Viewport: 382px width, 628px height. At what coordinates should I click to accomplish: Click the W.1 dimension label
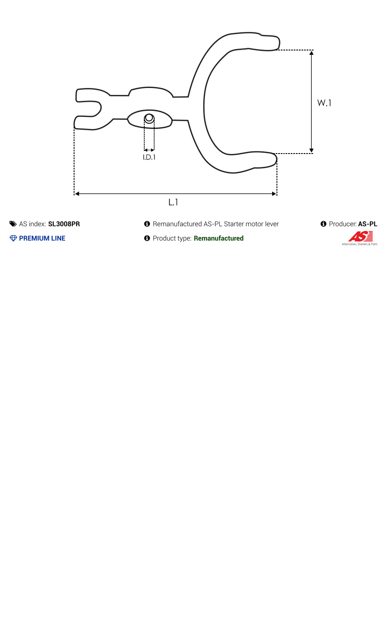point(324,103)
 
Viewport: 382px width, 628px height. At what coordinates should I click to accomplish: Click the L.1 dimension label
point(173,202)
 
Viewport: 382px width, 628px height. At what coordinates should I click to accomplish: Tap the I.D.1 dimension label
point(149,157)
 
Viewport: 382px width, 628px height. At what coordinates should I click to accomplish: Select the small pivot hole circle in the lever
point(149,118)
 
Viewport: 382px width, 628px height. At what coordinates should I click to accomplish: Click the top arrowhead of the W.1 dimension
point(311,53)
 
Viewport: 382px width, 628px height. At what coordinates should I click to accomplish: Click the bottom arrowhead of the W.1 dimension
point(311,151)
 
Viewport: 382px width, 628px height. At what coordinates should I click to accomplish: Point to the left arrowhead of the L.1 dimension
point(77,193)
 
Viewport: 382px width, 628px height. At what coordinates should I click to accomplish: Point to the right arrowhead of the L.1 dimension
point(274,193)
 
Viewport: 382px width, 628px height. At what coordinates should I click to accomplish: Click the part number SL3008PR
point(64,224)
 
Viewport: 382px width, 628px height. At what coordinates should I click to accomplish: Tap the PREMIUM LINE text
point(42,238)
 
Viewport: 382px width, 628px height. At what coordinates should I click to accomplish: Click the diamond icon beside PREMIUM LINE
point(13,238)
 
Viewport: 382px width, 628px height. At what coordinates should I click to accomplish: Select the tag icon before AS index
point(13,224)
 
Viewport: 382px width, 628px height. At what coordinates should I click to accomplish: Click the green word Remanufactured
point(219,238)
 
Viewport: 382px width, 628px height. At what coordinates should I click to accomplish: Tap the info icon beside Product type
point(147,238)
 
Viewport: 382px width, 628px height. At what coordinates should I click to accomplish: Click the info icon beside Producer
point(323,224)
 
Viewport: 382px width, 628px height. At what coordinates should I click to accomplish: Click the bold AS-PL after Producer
point(368,224)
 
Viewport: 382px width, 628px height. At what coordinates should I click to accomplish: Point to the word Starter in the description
point(234,224)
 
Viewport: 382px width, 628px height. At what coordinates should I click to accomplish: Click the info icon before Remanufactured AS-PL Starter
point(147,224)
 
